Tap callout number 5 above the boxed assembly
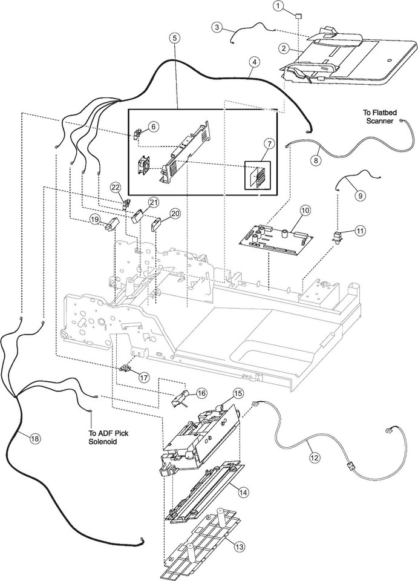[x=174, y=38]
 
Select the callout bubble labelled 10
[x=305, y=210]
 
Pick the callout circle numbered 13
[x=240, y=547]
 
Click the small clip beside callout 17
[x=126, y=369]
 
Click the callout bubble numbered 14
[x=243, y=493]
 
